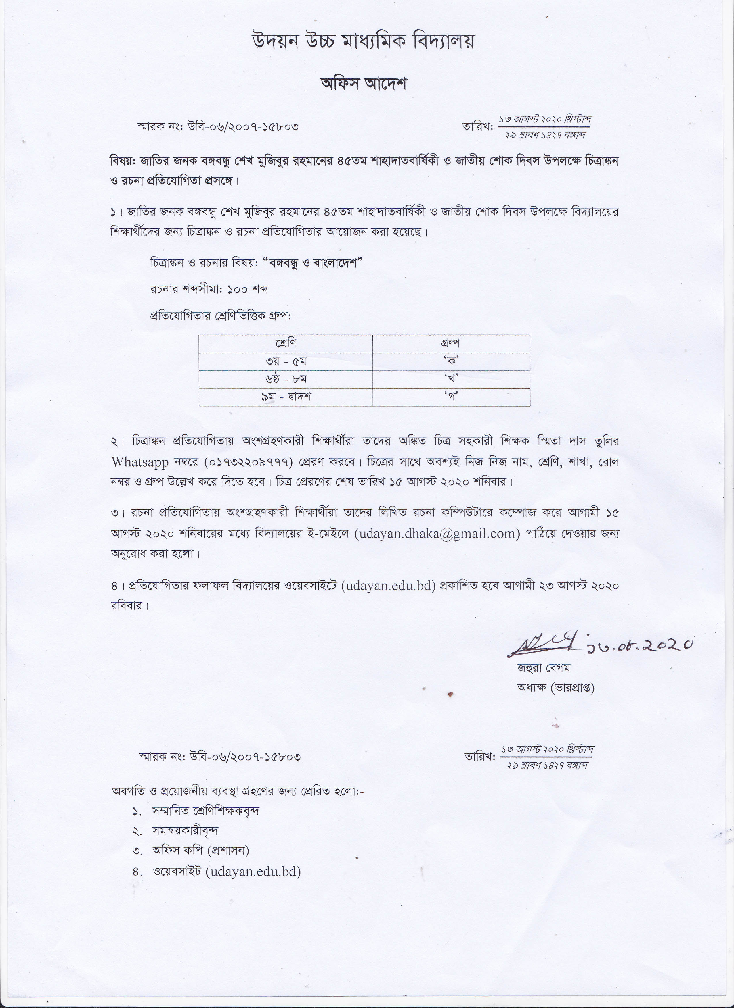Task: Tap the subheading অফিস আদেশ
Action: (364, 84)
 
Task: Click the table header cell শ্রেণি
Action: (286, 344)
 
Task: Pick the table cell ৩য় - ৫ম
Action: (286, 361)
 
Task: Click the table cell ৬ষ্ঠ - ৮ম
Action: (286, 379)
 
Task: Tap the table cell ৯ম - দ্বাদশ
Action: (286, 397)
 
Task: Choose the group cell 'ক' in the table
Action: (451, 361)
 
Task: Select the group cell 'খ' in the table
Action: (451, 379)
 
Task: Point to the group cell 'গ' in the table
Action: (451, 397)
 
